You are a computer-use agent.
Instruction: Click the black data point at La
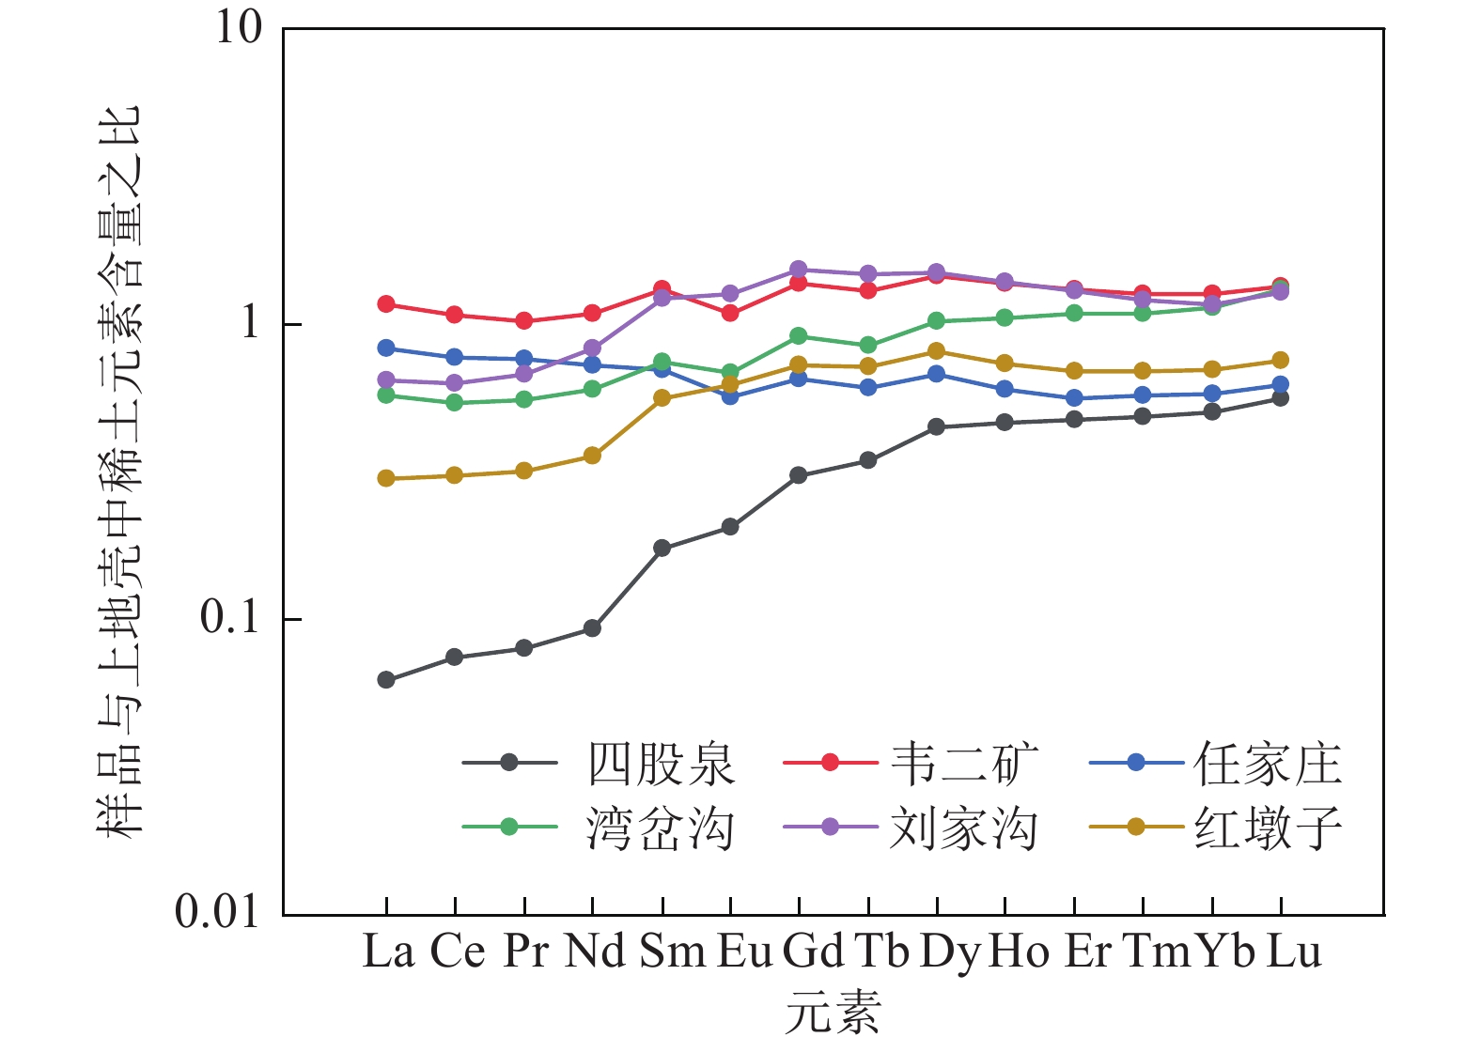386,679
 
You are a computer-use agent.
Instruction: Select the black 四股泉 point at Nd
592,627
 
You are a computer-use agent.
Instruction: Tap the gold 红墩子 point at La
386,478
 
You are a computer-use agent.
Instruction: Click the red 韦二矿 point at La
386,303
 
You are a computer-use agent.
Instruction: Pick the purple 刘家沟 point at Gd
799,270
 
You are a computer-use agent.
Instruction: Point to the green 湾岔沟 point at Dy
936,321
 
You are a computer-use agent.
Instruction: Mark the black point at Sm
662,548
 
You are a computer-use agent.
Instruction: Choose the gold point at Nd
592,456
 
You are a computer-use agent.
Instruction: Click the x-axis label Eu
744,952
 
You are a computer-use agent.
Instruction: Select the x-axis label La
388,952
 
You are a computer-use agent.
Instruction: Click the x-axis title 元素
833,1013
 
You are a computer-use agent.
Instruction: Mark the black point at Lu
1280,398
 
